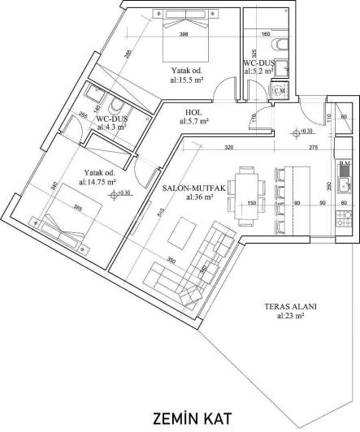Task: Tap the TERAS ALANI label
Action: [289, 311]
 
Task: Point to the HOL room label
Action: [194, 116]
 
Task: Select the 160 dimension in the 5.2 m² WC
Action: [265, 34]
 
